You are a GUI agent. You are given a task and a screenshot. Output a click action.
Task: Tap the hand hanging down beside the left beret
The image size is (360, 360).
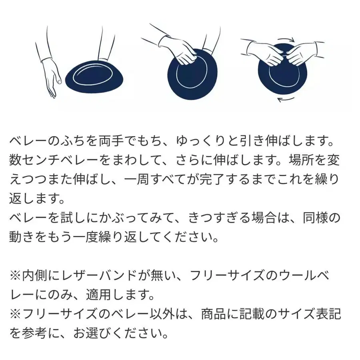[x=51, y=80]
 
